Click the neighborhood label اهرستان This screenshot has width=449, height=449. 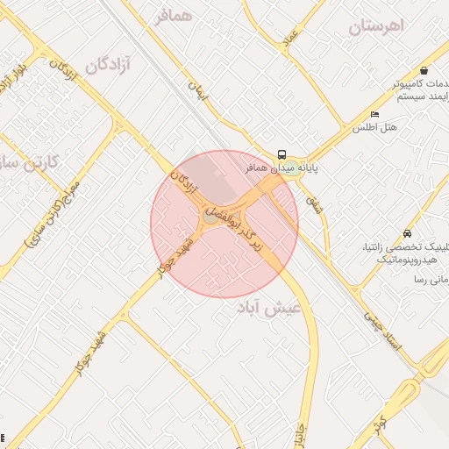click(379, 26)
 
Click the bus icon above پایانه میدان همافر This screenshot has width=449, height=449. click(282, 154)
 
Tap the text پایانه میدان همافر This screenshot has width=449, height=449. click(273, 167)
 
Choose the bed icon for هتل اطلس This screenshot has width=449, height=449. click(375, 114)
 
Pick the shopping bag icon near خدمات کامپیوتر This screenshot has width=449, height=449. click(424, 70)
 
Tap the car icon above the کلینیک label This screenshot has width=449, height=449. click(407, 234)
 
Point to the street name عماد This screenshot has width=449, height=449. click(291, 37)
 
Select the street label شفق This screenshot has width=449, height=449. click(313, 205)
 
